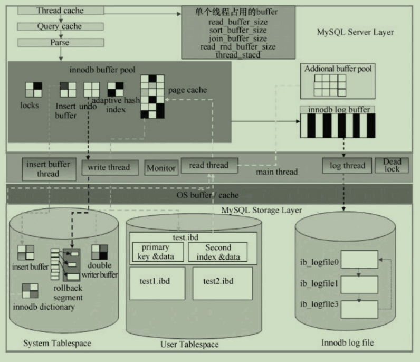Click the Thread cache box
pyautogui.click(x=60, y=11)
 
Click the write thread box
pyautogui.click(x=109, y=167)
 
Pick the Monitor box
pyautogui.click(x=161, y=168)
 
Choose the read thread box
pyautogui.click(x=208, y=165)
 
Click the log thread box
pyautogui.click(x=347, y=165)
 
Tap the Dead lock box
pyautogui.click(x=392, y=165)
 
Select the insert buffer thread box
pyautogui.click(x=49, y=168)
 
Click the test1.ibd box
pyautogui.click(x=157, y=283)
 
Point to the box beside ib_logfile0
pyautogui.click(x=362, y=260)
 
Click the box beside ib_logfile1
pyautogui.click(x=362, y=284)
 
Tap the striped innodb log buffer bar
pyautogui.click(x=337, y=126)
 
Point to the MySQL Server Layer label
pyautogui.click(x=355, y=32)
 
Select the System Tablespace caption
pyautogui.click(x=57, y=344)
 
